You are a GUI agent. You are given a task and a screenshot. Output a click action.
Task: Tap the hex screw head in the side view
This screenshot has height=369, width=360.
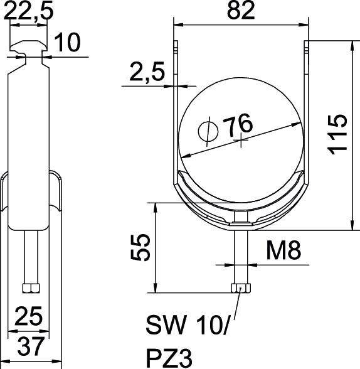point(30,288)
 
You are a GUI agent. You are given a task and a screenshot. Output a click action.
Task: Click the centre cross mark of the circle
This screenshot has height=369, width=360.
point(242,141)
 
